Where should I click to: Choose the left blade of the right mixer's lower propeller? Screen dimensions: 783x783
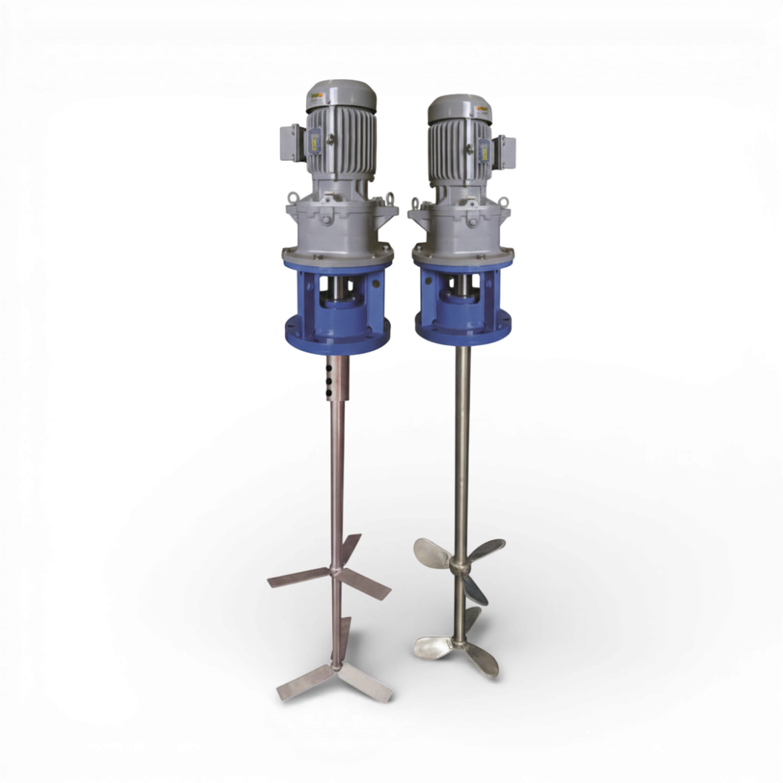pyautogui.click(x=432, y=642)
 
